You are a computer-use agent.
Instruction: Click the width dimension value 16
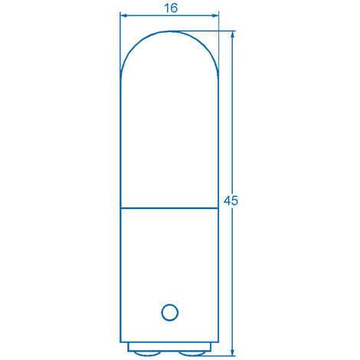point(171,8)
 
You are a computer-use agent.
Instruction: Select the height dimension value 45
point(231,201)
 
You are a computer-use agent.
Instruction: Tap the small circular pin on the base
point(170,313)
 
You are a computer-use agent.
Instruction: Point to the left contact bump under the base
point(147,353)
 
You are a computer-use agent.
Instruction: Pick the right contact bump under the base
point(191,353)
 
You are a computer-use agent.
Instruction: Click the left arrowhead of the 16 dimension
point(124,16)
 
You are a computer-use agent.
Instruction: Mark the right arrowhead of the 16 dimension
point(215,16)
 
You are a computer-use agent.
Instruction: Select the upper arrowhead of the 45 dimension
point(232,35)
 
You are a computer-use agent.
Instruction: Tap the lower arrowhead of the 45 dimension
point(232,352)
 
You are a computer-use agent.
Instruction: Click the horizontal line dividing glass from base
point(169,208)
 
